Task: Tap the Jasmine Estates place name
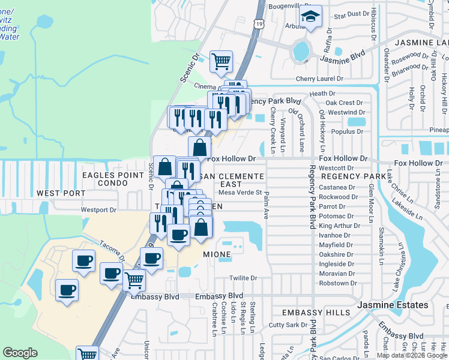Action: coord(393,305)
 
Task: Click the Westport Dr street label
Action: coord(98,210)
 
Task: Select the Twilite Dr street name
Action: coord(243,278)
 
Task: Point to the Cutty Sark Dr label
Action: coord(288,325)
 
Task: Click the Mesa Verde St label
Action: coord(240,193)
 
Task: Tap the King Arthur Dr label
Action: coord(339,226)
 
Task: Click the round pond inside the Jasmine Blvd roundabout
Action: coord(300,52)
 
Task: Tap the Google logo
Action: coord(20,353)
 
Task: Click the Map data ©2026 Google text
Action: coord(412,355)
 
